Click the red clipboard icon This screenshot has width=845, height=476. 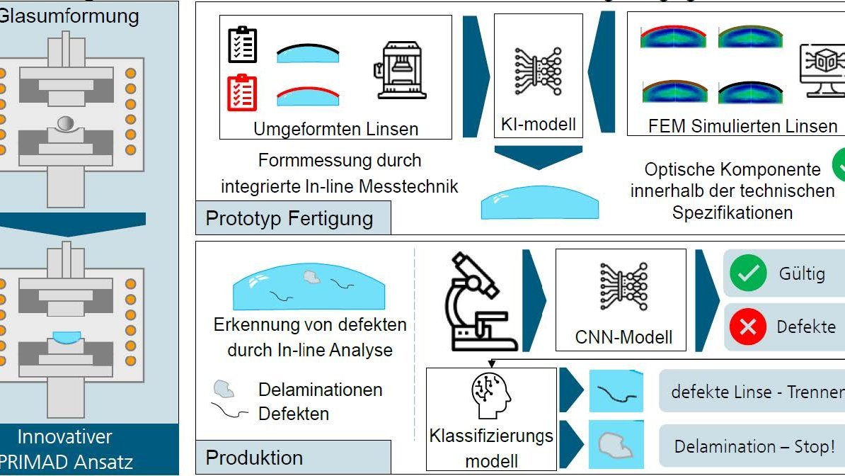(243, 92)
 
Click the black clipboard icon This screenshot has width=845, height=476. (243, 45)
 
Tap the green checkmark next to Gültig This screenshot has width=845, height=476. (748, 273)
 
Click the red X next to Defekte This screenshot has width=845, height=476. (748, 327)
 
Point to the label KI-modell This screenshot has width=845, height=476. (538, 125)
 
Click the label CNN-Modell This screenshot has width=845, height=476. (623, 337)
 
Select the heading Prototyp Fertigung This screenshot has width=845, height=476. (289, 217)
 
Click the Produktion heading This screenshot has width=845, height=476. (254, 457)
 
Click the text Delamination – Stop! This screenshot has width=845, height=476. (754, 446)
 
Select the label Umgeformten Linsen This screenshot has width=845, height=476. (335, 129)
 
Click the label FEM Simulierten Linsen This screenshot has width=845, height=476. (732, 126)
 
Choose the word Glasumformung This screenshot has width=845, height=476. (69, 16)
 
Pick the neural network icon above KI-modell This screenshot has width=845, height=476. (538, 72)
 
